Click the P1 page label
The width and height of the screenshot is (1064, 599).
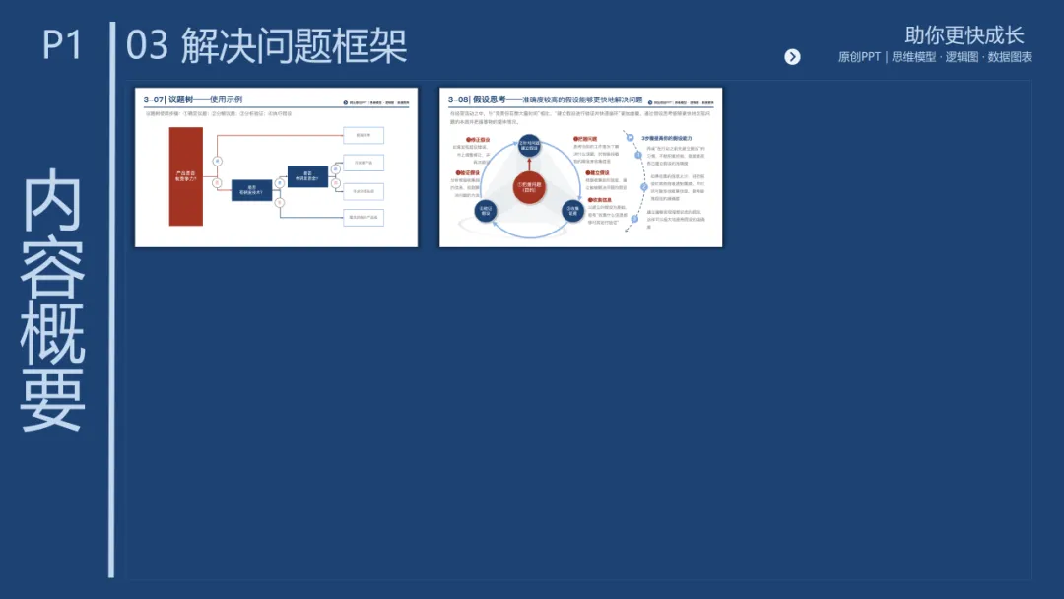click(62, 45)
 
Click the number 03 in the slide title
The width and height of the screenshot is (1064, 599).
click(147, 46)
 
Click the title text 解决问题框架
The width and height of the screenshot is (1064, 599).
click(294, 46)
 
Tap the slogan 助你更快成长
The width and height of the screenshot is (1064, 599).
click(964, 35)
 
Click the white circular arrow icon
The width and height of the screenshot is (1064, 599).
click(792, 57)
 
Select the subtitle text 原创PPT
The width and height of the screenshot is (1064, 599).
click(859, 57)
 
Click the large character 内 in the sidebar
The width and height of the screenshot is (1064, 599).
click(53, 202)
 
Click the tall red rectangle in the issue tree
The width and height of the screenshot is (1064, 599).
click(185, 176)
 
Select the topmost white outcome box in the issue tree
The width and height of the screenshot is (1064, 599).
click(363, 135)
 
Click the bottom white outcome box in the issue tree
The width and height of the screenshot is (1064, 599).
click(363, 218)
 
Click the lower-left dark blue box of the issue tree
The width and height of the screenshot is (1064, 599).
click(252, 191)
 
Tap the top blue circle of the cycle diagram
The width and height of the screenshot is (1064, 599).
click(529, 146)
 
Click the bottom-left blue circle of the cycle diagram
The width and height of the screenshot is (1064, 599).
click(486, 211)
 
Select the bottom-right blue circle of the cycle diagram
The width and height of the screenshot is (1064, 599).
click(572, 211)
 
